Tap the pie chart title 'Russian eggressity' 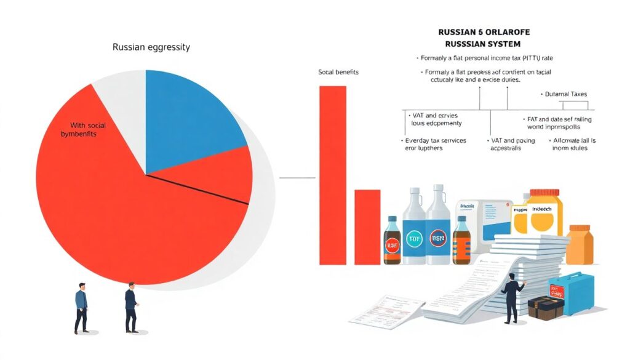click(151, 47)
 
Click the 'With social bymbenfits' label click(83, 129)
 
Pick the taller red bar click(332, 175)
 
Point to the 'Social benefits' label click(338, 72)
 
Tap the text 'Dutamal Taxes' click(566, 94)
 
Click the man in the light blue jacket click(81, 308)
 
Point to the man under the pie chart click(130, 308)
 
